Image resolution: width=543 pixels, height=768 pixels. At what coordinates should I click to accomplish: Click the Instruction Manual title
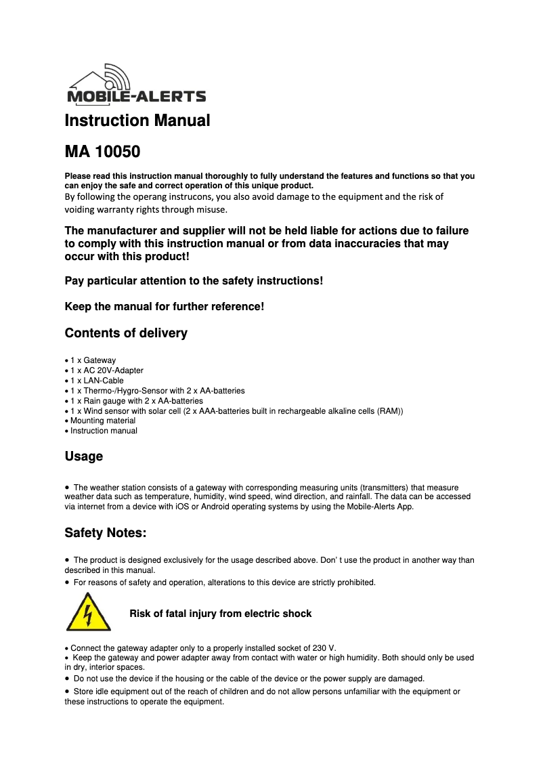(x=137, y=121)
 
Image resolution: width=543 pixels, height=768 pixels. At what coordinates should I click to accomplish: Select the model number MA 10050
(x=102, y=150)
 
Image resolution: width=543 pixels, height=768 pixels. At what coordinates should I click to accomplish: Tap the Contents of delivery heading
(x=126, y=333)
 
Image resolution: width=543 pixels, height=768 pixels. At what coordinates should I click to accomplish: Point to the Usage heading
(x=84, y=456)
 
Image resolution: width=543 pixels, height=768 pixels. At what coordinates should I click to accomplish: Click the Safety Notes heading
(x=105, y=533)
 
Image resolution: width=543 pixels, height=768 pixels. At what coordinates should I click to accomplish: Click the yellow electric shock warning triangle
(x=89, y=612)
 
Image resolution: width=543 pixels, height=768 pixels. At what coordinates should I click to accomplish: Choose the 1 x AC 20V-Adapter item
(x=106, y=370)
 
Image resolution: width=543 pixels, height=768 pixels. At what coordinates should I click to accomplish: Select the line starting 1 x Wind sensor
(x=236, y=411)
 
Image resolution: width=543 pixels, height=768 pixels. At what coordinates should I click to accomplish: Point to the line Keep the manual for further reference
(x=164, y=307)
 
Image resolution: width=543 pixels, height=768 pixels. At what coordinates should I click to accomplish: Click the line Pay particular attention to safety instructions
(x=194, y=280)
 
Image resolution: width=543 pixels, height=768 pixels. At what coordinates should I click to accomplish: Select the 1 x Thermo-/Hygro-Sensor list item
(x=157, y=391)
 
